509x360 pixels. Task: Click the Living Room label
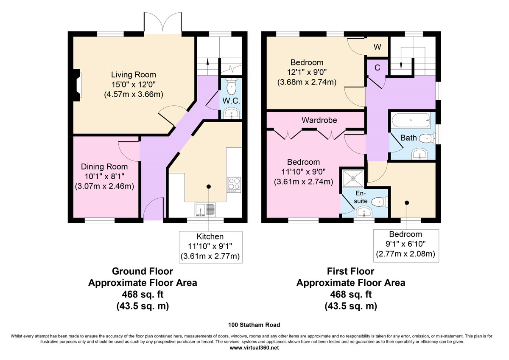134,75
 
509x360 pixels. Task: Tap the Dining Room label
104,167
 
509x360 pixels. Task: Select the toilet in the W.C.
232,87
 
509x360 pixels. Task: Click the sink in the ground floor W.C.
232,113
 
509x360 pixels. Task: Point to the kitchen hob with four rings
234,185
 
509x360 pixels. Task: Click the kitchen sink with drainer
205,210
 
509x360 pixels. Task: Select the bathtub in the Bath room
411,121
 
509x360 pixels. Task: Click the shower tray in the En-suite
353,179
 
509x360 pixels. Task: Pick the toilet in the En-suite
380,202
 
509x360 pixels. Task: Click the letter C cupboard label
377,67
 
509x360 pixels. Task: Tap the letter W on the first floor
378,47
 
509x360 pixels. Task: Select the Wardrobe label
319,120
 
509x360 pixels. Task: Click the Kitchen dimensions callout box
211,247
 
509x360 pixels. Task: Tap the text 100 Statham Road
254,325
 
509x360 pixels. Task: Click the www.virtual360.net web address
254,348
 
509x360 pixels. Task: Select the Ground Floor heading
143,271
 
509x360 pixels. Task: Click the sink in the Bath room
420,154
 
